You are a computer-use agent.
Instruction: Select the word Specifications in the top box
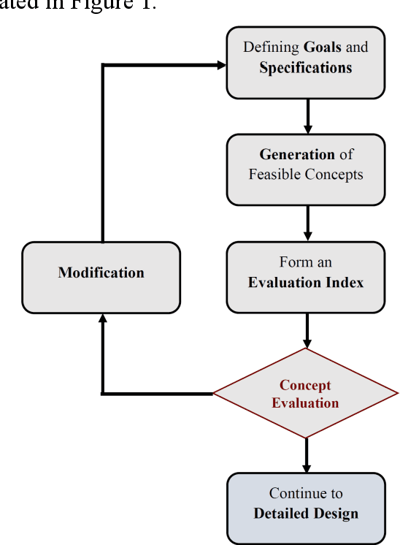click(305, 68)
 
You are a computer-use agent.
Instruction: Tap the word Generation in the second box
click(297, 155)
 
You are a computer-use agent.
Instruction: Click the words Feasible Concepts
click(305, 175)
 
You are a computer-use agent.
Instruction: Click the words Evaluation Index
click(305, 282)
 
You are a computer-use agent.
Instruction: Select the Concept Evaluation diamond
click(305, 394)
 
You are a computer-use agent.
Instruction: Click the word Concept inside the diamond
click(305, 385)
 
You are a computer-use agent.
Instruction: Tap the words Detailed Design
click(305, 514)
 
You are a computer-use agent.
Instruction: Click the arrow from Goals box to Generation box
click(307, 116)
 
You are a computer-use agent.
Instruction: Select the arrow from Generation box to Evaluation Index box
click(307, 224)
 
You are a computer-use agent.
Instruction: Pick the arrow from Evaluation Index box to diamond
click(307, 331)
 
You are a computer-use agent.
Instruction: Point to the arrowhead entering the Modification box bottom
click(102, 320)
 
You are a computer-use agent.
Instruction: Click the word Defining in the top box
click(271, 47)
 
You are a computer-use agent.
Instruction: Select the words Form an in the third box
click(305, 262)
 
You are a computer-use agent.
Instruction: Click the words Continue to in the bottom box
click(305, 493)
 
